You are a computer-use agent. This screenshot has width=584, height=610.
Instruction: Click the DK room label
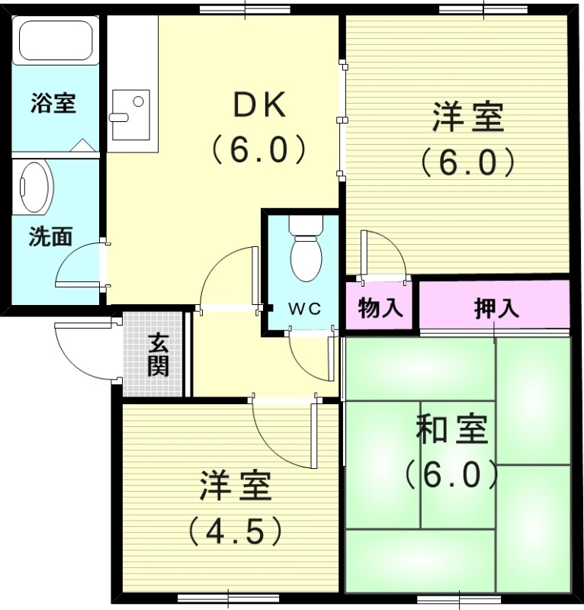pyautogui.click(x=258, y=106)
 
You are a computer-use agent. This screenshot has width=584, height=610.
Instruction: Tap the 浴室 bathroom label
pyautogui.click(x=53, y=103)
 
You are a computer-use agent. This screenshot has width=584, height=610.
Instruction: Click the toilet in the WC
pyautogui.click(x=306, y=252)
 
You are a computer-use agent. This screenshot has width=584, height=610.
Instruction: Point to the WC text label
pyautogui.click(x=303, y=308)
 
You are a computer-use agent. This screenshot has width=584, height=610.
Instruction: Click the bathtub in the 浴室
pyautogui.click(x=55, y=41)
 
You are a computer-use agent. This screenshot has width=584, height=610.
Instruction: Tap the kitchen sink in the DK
pyautogui.click(x=130, y=114)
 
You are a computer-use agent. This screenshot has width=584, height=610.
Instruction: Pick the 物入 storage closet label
pyautogui.click(x=380, y=308)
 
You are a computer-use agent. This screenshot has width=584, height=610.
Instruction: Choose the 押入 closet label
pyautogui.click(x=496, y=308)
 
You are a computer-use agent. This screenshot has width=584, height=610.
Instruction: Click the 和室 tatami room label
pyautogui.click(x=451, y=432)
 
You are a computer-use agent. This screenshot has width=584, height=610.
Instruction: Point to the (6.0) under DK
pyautogui.click(x=258, y=149)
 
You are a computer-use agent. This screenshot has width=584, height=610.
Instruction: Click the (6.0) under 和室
pyautogui.click(x=451, y=476)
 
